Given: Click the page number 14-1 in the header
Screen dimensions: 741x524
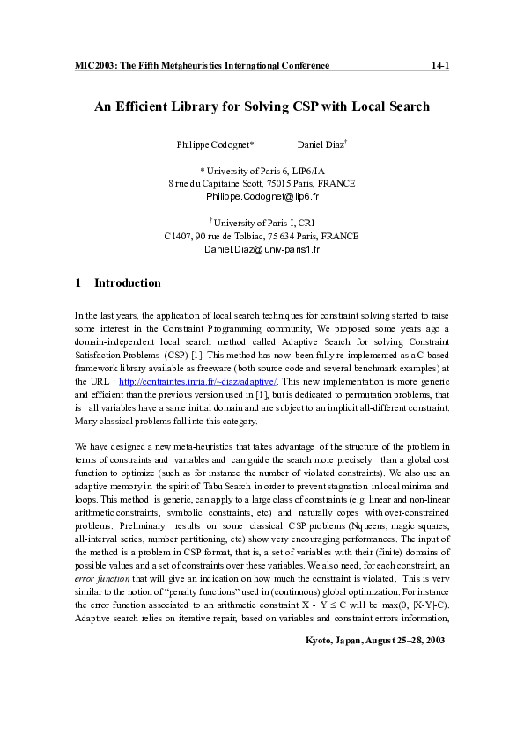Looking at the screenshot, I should tap(439, 65).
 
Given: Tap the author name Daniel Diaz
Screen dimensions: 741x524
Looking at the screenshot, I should tap(321, 143).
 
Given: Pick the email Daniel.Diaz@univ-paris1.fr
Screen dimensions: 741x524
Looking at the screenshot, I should tap(262, 249).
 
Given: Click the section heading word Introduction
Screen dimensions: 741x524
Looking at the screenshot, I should tap(128, 283).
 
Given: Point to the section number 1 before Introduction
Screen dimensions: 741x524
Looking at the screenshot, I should tap(78, 283).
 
